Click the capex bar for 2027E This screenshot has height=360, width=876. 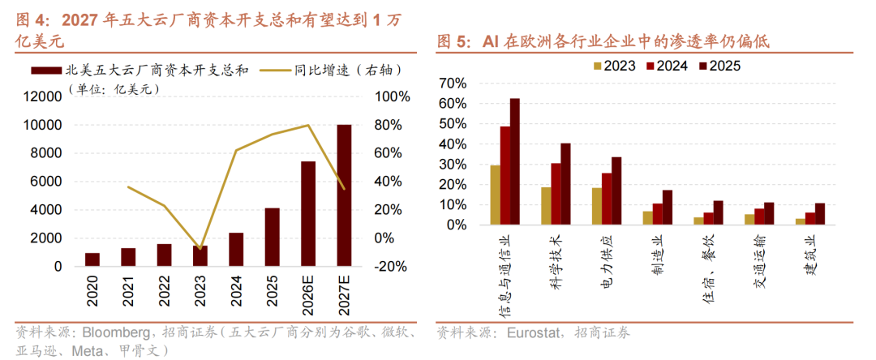[x=344, y=195]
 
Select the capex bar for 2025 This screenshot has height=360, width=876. [x=272, y=238]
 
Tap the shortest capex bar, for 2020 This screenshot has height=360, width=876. [x=92, y=260]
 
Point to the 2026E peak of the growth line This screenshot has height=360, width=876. [x=308, y=125]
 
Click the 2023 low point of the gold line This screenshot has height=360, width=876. [x=200, y=248]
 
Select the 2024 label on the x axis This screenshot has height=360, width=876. [x=236, y=291]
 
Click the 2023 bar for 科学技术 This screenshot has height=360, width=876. [x=546, y=206]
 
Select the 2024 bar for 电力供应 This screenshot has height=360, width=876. [x=607, y=199]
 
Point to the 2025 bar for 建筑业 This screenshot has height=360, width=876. [x=819, y=214]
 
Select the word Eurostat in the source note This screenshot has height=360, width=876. [x=531, y=334]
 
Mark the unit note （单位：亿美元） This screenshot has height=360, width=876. [x=114, y=88]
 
